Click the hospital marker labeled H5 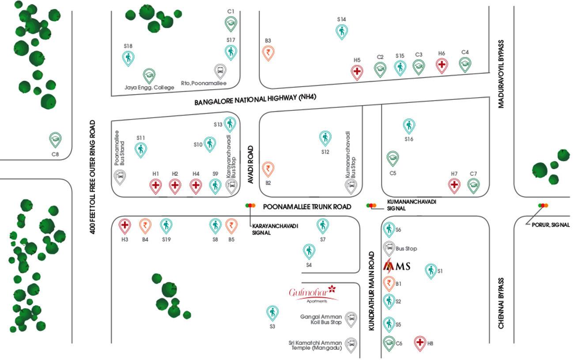coord(357,71)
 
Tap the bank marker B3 coord(268,53)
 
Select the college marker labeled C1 coord(230,23)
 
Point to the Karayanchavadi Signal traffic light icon coord(251,205)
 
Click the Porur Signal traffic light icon coord(543,205)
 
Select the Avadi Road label coord(251,165)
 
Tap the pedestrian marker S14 coord(342,31)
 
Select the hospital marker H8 coord(420,342)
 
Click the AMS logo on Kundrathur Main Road coord(397,266)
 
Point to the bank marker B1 coord(389,282)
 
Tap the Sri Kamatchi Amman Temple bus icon coord(351,344)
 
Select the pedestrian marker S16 coord(409,125)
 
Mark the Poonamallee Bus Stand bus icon coord(120,177)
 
